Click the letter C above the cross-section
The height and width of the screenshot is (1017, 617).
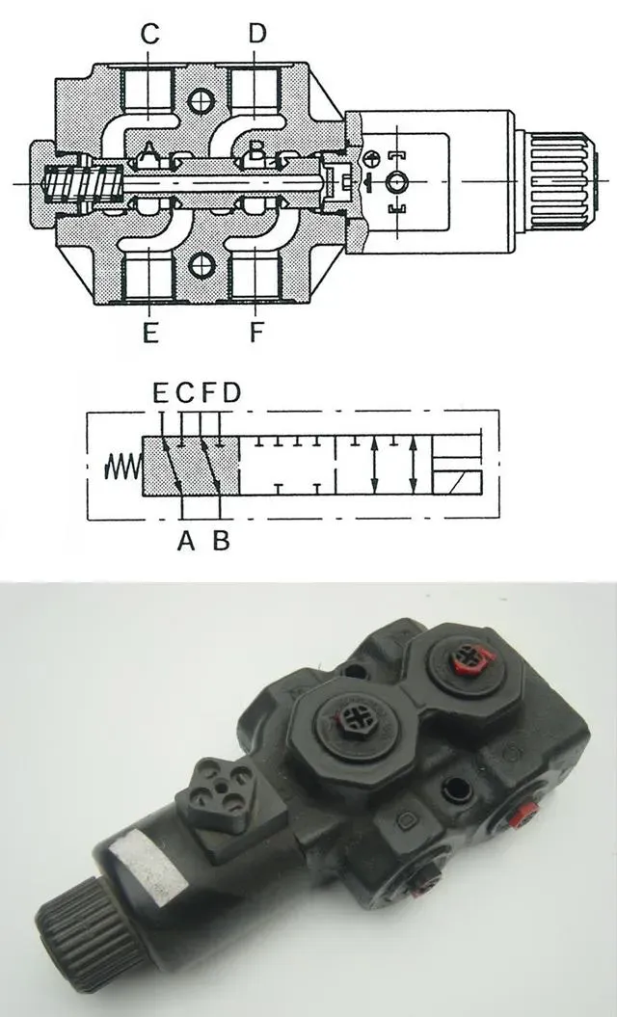[149, 33]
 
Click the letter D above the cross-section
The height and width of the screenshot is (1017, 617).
[256, 33]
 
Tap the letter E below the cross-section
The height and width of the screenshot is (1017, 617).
[150, 332]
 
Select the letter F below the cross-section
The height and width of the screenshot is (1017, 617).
[256, 332]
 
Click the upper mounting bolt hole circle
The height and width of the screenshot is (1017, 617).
[201, 100]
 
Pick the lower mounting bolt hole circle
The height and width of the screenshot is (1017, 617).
[201, 265]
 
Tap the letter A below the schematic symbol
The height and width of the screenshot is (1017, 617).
[185, 540]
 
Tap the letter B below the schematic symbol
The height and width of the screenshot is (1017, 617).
[221, 540]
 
